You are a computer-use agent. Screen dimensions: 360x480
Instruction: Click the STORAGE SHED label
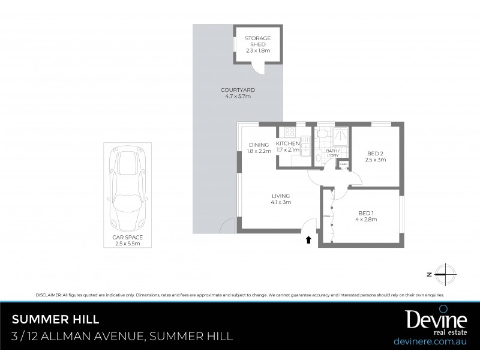tap(257, 41)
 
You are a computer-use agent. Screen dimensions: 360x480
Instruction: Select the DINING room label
tap(259, 145)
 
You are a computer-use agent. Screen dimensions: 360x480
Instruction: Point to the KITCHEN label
tap(287, 144)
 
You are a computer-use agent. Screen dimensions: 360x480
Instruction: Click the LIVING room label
tap(280, 196)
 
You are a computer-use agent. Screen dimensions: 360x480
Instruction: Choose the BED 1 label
tap(365, 213)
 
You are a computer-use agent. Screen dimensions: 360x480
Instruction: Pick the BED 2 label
tap(376, 154)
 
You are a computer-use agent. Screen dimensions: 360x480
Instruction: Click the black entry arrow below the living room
tap(308, 240)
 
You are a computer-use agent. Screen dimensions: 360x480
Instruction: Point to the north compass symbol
tap(445, 274)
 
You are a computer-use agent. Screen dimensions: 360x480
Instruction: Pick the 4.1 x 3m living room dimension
tap(280, 202)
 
